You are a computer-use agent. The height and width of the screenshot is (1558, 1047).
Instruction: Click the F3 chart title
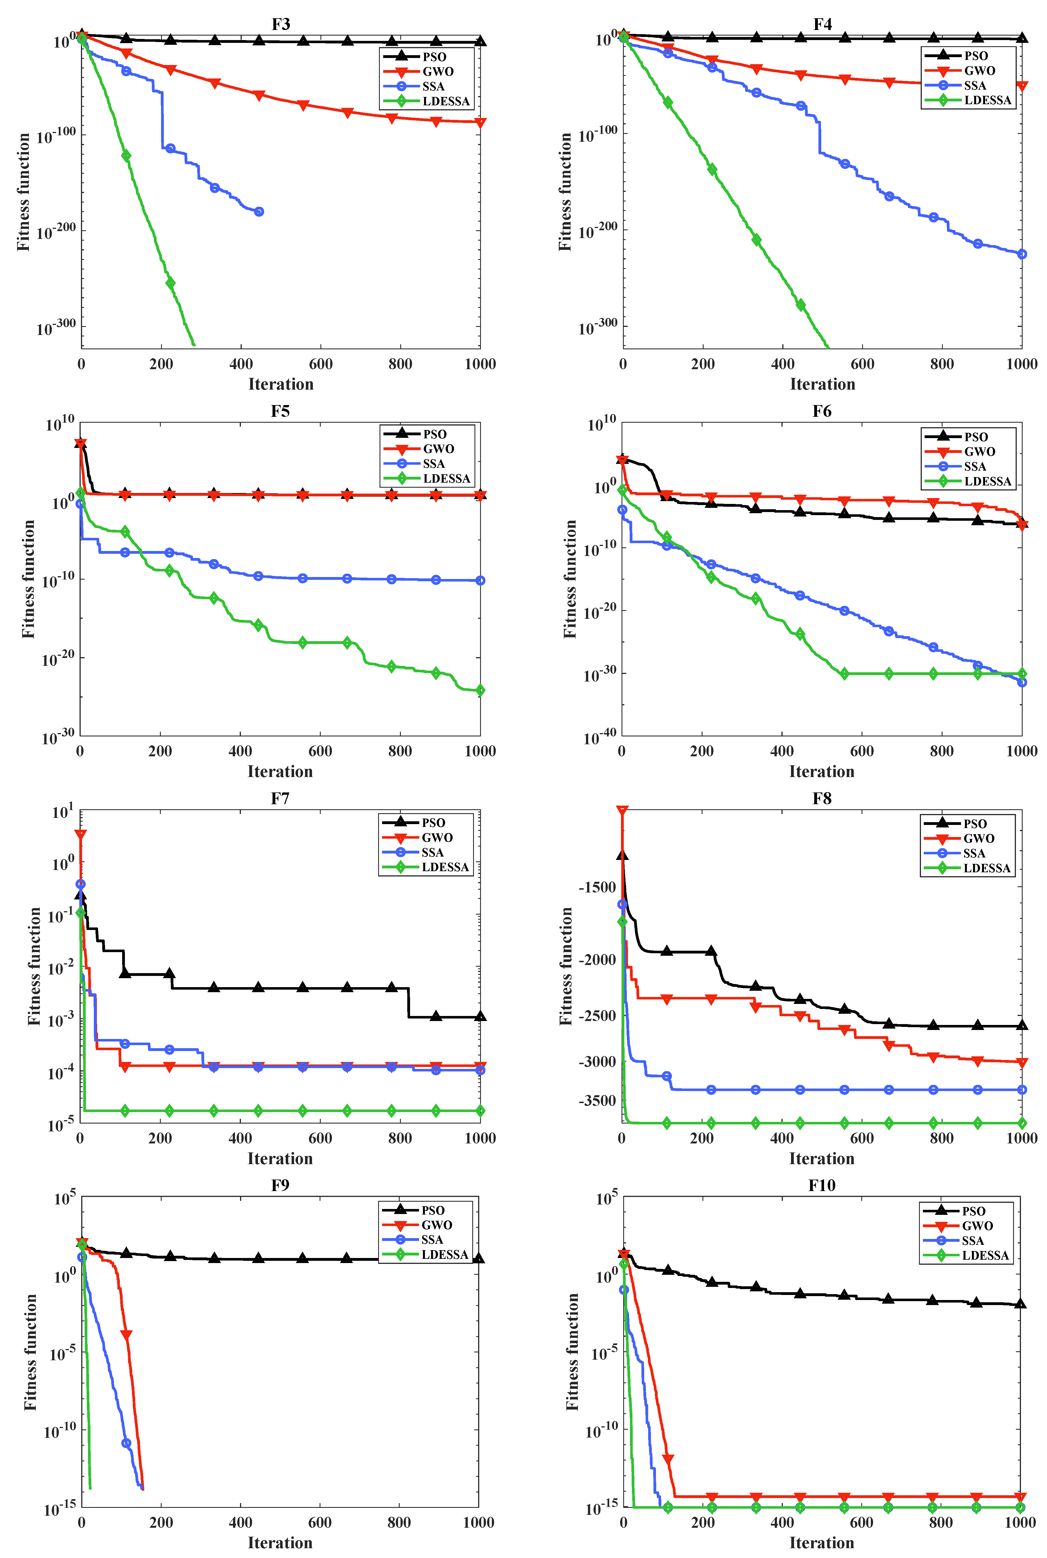(x=280, y=25)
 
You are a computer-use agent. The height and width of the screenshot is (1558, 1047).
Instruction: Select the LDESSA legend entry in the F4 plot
(x=987, y=100)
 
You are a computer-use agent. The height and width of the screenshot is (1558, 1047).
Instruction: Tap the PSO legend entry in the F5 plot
(x=434, y=434)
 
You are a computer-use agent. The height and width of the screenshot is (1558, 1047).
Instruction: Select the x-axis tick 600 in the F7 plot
(x=320, y=1138)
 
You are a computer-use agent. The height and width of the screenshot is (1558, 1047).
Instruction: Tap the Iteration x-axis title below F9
(x=280, y=1543)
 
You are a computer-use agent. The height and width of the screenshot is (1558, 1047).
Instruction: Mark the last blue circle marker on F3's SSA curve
(x=259, y=212)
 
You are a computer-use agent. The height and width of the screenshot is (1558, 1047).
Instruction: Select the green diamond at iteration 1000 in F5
(x=480, y=690)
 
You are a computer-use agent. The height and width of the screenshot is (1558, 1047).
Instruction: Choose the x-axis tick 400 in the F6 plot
(x=781, y=751)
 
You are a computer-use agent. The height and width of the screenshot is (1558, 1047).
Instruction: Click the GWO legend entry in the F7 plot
(x=437, y=838)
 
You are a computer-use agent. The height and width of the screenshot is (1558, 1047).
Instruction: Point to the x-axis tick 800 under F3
(x=400, y=364)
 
